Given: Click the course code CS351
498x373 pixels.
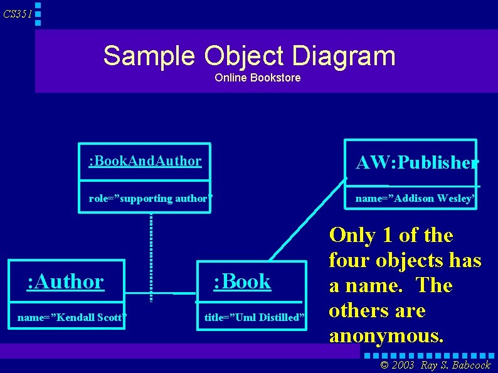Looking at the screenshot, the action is coord(17,14).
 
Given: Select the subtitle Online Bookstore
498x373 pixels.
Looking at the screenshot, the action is coord(257,78).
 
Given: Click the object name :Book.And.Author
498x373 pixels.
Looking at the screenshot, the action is coord(145,161).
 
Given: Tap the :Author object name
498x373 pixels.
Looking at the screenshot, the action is coord(65,281).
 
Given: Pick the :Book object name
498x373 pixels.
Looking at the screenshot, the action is coord(242,281).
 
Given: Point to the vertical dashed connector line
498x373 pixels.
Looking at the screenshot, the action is coord(151,251).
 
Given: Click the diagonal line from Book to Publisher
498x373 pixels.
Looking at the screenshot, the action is coord(307,219).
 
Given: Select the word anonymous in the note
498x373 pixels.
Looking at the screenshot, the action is coord(386,335).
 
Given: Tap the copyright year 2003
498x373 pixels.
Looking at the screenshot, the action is coord(403,365).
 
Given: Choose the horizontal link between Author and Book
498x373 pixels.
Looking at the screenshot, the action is coord(163,293).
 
